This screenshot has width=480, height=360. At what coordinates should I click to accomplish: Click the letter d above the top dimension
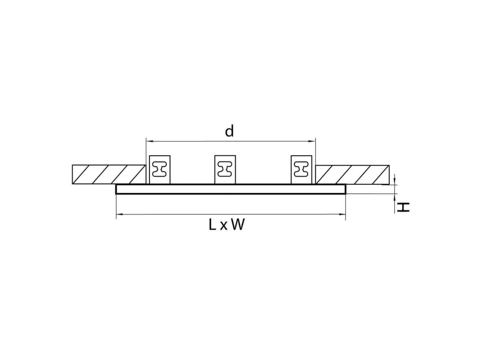pyautogui.click(x=229, y=131)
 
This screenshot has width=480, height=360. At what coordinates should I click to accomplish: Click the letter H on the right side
pyautogui.click(x=403, y=207)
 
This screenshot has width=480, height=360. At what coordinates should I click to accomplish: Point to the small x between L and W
pyautogui.click(x=224, y=226)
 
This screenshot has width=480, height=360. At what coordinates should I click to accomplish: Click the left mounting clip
pyautogui.click(x=160, y=170)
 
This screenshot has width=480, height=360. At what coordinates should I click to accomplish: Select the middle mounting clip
pyautogui.click(x=225, y=170)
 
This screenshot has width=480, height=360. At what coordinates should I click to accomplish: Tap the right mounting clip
pyautogui.click(x=301, y=170)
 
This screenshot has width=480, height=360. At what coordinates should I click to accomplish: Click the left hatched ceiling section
pyautogui.click(x=109, y=174)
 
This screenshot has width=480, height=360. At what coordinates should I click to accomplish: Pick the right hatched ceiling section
pyautogui.click(x=352, y=175)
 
